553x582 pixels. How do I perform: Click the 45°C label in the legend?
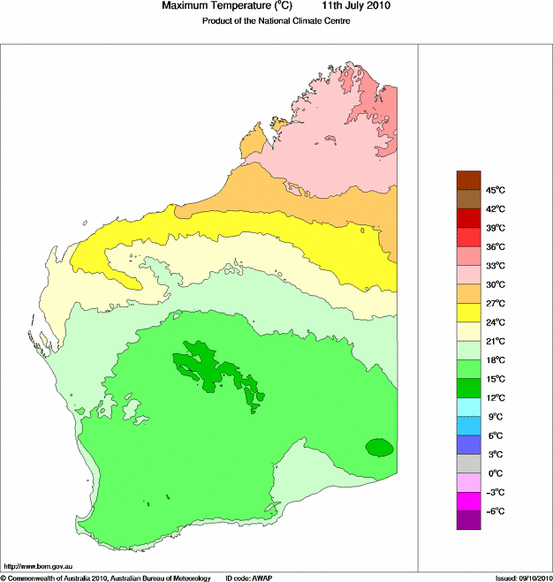click(x=495, y=190)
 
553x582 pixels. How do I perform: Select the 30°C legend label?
click(x=495, y=284)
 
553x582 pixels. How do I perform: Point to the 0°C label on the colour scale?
click(x=495, y=473)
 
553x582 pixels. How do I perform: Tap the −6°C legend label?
click(x=495, y=511)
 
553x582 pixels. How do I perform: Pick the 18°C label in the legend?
click(x=495, y=360)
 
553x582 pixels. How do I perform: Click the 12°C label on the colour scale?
click(x=495, y=397)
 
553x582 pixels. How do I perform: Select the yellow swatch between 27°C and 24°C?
click(x=468, y=313)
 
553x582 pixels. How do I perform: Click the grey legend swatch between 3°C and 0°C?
click(x=468, y=464)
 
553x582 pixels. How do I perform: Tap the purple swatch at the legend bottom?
click(x=468, y=520)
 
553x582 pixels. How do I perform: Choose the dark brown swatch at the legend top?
click(x=468, y=180)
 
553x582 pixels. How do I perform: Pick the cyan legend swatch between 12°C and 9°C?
click(x=468, y=407)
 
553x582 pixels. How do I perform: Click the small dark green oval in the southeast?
click(x=379, y=447)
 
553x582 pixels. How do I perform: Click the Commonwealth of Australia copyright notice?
click(x=106, y=578)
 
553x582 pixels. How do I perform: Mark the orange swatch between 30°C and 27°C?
click(x=468, y=294)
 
